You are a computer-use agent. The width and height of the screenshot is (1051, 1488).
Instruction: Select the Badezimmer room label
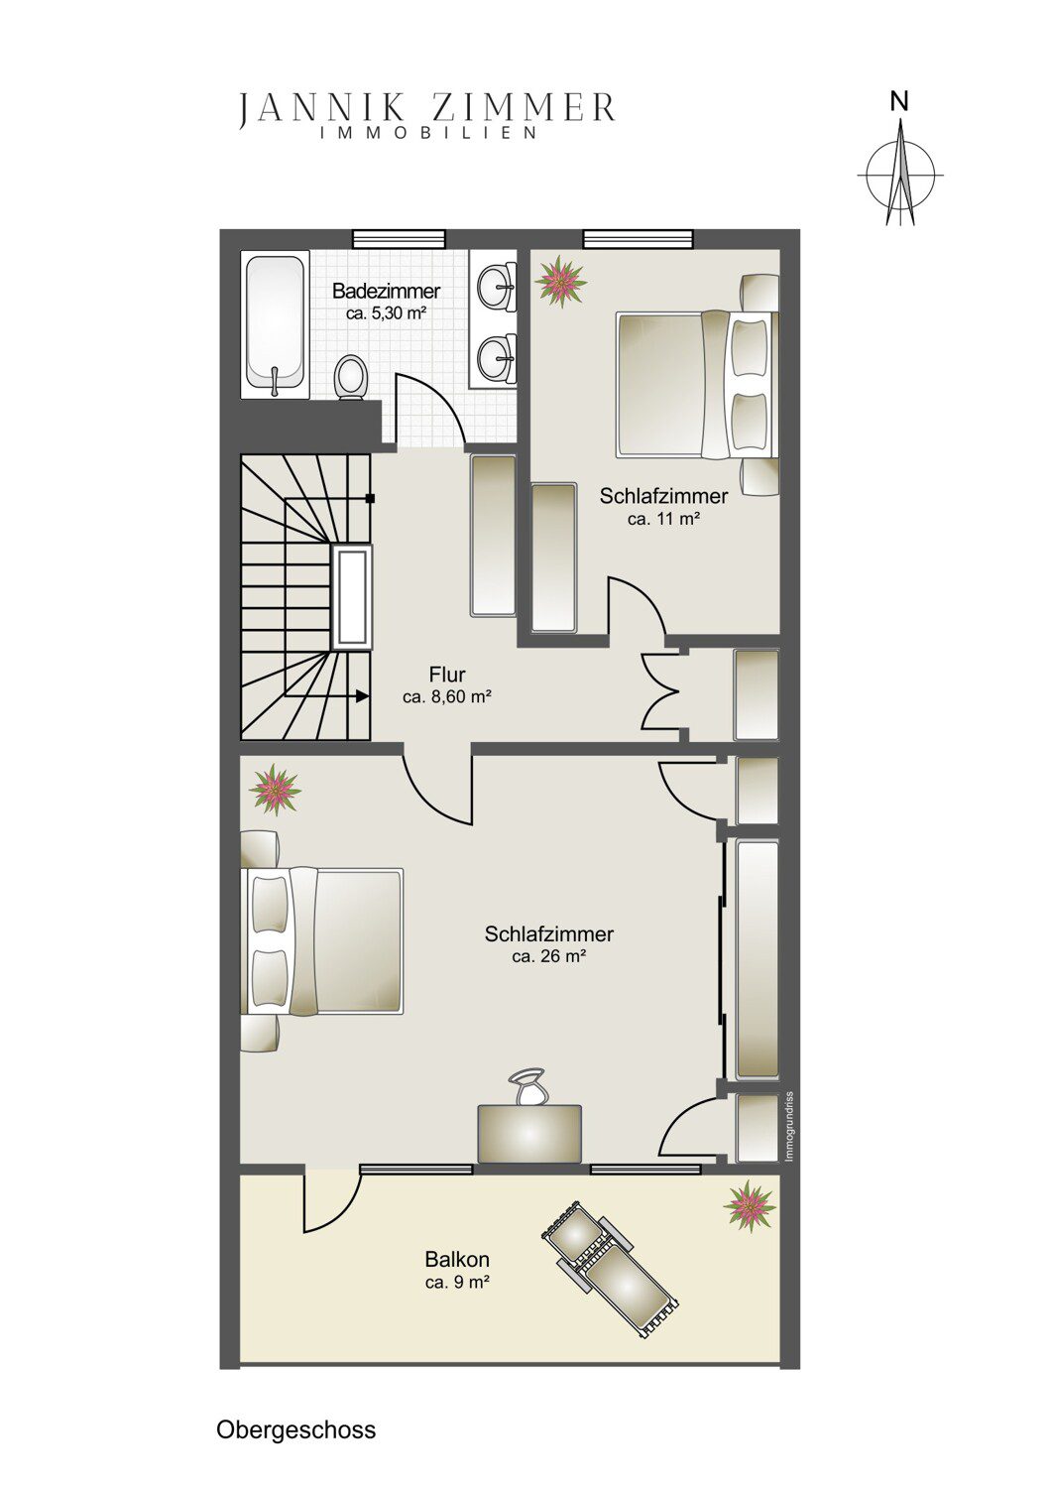[x=387, y=291]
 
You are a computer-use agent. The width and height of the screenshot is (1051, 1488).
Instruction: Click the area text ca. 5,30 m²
[x=387, y=314]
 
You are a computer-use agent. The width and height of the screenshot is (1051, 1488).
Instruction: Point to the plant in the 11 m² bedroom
[x=561, y=281]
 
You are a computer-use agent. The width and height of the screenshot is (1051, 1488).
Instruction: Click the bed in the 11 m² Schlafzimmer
[x=697, y=385]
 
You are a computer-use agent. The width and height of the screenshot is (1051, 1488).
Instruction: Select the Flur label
[x=447, y=675]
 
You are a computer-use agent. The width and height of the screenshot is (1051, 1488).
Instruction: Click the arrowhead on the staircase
[x=363, y=696]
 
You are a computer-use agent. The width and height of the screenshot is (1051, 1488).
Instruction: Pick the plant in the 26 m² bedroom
[x=275, y=790]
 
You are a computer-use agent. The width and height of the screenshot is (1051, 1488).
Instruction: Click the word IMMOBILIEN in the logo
[x=429, y=134]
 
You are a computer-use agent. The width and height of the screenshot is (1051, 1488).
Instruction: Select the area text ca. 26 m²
[x=548, y=956]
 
